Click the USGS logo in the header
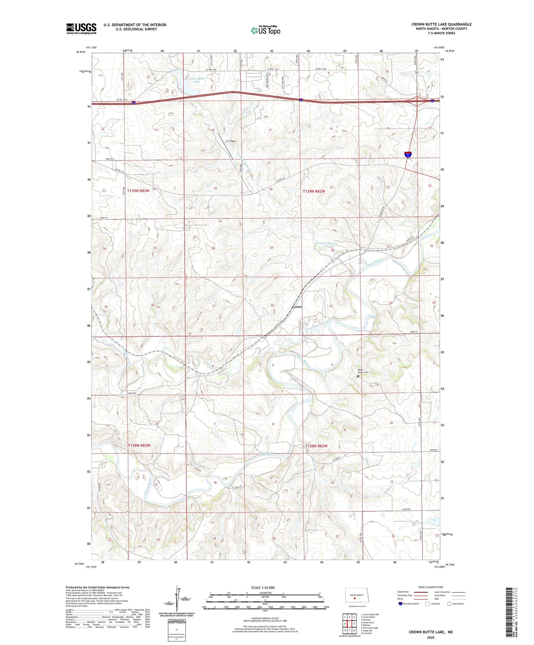point(81,28)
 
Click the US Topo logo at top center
point(265,30)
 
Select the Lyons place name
point(297,307)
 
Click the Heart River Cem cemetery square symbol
point(358,376)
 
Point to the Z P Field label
point(230,141)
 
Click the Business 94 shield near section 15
point(408,154)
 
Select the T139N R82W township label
point(314,191)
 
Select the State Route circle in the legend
point(449,604)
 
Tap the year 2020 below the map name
point(430,638)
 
